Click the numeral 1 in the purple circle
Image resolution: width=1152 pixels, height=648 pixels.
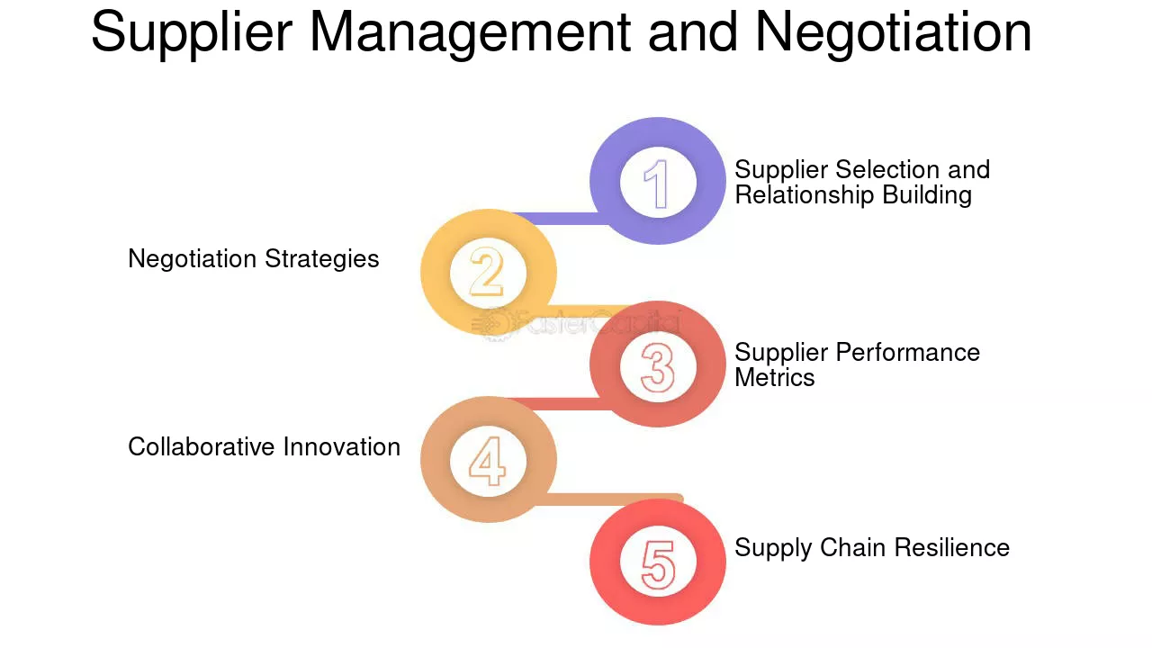click(x=657, y=184)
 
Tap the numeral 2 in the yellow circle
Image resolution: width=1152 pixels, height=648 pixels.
click(x=487, y=272)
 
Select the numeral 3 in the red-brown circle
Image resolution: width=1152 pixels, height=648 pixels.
click(x=658, y=367)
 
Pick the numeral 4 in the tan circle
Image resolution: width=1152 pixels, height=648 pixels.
click(x=487, y=461)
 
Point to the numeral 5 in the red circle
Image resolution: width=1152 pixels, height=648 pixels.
click(x=658, y=564)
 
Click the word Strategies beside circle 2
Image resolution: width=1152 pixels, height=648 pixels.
click(x=322, y=259)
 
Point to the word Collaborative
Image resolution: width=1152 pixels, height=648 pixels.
click(x=202, y=446)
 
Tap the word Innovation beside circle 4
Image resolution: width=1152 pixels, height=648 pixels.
click(x=342, y=446)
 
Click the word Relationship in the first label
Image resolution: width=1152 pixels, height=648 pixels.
click(x=805, y=196)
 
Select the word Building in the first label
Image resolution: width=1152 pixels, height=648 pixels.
click(x=927, y=196)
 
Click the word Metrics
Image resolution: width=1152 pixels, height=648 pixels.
click(x=775, y=377)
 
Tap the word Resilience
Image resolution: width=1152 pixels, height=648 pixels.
click(x=952, y=548)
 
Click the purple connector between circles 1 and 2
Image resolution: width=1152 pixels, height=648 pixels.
click(x=562, y=219)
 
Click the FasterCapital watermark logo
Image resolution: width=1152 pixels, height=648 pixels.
click(x=576, y=324)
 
